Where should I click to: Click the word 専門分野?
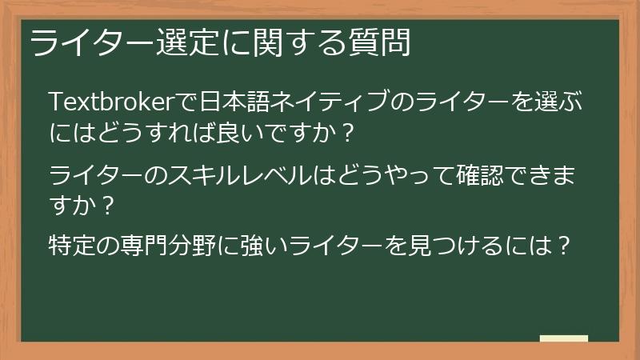(x=174, y=244)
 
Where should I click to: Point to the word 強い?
(x=274, y=244)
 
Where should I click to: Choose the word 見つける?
(x=448, y=244)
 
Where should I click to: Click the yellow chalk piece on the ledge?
(x=563, y=338)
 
